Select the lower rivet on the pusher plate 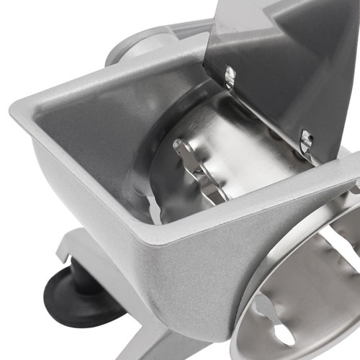click(305, 141)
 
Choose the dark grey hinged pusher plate click(288, 65)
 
